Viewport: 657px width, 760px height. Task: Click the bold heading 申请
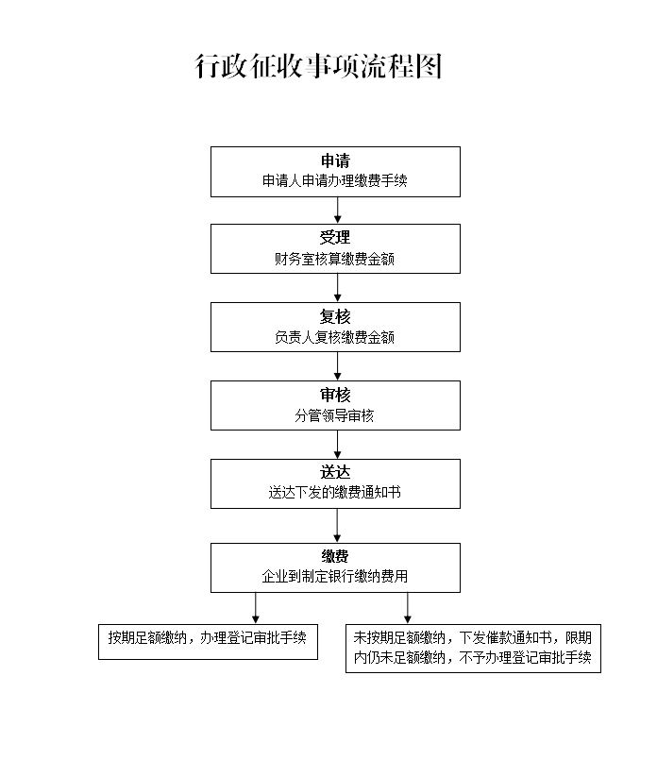335,160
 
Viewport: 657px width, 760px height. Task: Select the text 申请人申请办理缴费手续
335,181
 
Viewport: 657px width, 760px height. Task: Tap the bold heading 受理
335,238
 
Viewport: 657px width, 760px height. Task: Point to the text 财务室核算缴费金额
335,259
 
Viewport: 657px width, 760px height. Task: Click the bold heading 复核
335,316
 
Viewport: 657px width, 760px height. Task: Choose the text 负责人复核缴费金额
335,337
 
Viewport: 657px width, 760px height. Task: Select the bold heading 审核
335,395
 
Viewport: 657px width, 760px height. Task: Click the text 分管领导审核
335,415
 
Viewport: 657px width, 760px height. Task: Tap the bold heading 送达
335,473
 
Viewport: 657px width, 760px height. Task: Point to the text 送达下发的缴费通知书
335,493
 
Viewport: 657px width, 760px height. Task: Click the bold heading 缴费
335,557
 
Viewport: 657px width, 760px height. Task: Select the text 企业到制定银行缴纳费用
335,576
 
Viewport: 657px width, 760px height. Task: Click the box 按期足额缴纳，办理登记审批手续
208,640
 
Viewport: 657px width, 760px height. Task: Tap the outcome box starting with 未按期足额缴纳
473,648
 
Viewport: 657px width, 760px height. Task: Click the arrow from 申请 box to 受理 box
337,211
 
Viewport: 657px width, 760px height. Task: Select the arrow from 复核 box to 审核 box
337,367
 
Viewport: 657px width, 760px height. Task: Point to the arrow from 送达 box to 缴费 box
337,526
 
